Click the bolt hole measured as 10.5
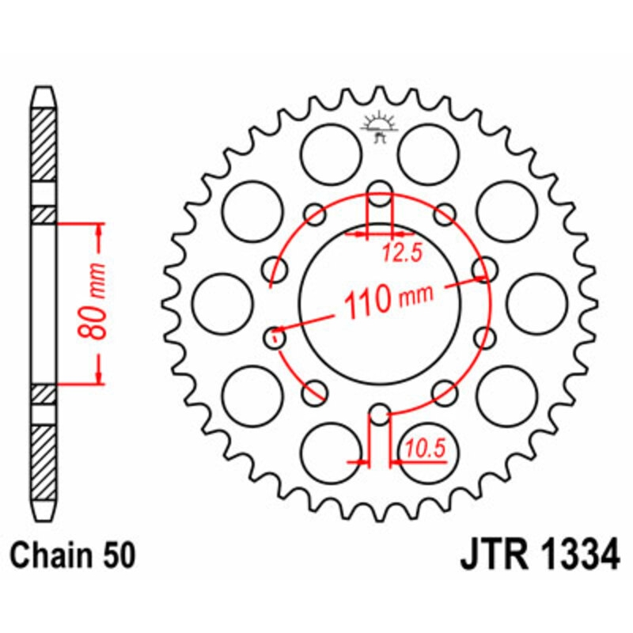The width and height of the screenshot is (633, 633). [381, 415]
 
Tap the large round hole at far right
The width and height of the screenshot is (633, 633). [537, 304]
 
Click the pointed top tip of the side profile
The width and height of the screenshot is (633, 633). [44, 89]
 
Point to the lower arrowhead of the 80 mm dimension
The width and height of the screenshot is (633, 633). [100, 379]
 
